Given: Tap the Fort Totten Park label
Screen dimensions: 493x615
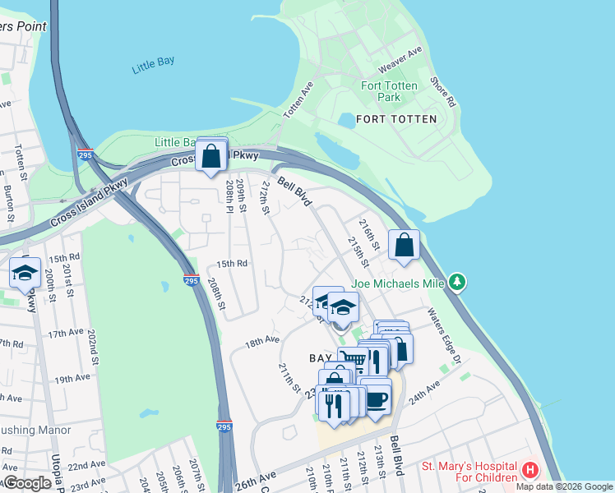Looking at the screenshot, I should (389, 91).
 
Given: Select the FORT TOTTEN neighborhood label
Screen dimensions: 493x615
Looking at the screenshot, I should (396, 119).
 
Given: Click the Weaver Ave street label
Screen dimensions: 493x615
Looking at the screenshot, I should (400, 61).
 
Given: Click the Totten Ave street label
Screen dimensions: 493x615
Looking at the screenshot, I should (297, 100).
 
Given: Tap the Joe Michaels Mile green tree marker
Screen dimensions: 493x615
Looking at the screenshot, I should (458, 283).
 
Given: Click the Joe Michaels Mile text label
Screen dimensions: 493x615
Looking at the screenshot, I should (398, 284).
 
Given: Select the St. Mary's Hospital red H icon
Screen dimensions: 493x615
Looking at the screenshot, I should (530, 472).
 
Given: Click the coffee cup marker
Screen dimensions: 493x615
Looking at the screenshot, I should (376, 399).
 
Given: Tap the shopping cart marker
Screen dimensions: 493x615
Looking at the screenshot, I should (353, 359).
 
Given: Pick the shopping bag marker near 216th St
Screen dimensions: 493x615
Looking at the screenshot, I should (405, 245).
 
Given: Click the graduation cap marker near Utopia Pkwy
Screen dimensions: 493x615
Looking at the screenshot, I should (25, 272).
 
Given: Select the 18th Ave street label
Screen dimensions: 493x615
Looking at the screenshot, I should (262, 339).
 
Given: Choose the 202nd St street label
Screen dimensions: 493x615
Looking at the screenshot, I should (93, 348).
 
